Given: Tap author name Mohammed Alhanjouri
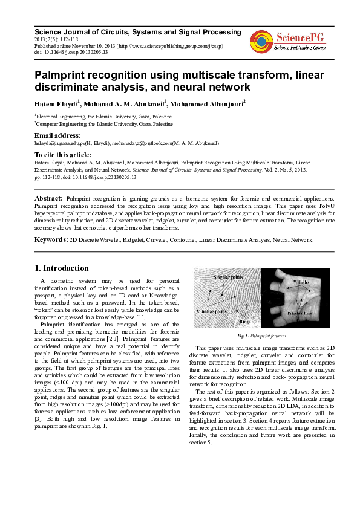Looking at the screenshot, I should coord(206,104).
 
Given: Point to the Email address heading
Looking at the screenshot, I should coord(57,135).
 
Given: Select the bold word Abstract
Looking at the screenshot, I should coord(48,198).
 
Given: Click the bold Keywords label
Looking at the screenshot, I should coord(51,240).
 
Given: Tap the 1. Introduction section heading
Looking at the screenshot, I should coord(62,268).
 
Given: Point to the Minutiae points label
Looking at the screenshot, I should coord(212,311).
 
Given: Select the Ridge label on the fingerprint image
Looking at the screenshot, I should coord(244,322).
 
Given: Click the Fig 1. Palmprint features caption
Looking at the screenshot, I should coord(262,336).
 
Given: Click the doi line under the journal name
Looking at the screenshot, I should coord(71,53).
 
